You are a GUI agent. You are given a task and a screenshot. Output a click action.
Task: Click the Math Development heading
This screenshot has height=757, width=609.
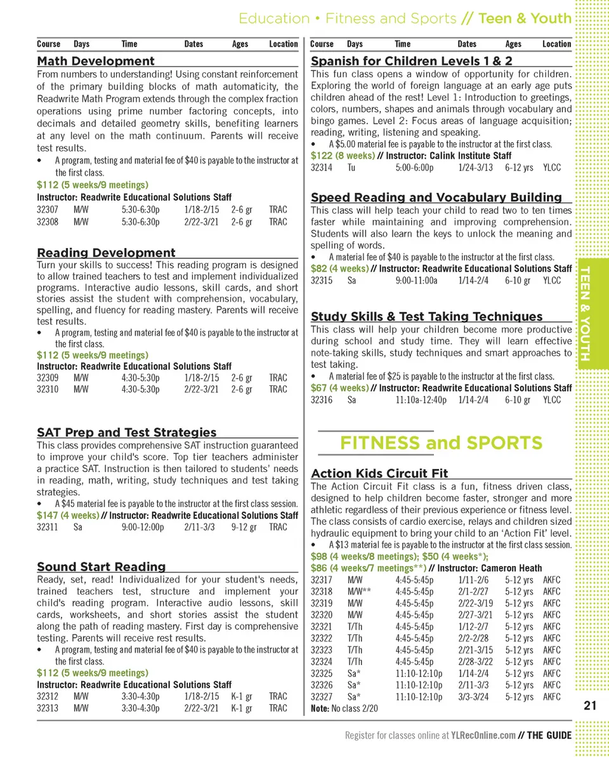pos(96,61)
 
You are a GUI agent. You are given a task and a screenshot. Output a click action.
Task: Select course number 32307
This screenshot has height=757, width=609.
pos(48,210)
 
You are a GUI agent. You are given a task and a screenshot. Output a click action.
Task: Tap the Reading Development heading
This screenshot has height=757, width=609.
pos(106,253)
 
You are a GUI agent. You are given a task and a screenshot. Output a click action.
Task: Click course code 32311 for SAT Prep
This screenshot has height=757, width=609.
pos(48,527)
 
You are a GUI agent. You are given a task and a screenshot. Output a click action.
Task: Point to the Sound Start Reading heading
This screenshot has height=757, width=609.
pos(101,567)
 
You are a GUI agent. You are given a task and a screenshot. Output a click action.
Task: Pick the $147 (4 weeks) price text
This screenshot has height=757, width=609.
pos(68,515)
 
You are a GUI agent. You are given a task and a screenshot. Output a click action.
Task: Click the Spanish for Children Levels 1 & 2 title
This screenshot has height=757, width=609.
pos(412,61)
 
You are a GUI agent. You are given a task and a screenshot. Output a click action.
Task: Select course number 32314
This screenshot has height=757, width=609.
pos(322,168)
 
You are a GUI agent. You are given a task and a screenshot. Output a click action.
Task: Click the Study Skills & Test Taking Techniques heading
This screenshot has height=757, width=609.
pos(427,316)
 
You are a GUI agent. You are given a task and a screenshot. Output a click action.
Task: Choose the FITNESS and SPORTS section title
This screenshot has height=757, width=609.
pos(442,442)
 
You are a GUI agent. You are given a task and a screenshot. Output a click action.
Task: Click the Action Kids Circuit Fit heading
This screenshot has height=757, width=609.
pos(379,473)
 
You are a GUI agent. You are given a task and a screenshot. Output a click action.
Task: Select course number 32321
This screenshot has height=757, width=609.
pos(322,626)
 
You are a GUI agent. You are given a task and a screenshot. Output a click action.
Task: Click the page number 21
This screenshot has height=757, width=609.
pos(589,706)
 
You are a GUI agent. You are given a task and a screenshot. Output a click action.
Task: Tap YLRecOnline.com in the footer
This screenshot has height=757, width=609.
pos(483,735)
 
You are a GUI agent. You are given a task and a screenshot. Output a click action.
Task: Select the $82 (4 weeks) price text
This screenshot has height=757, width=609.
pos(339,268)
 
